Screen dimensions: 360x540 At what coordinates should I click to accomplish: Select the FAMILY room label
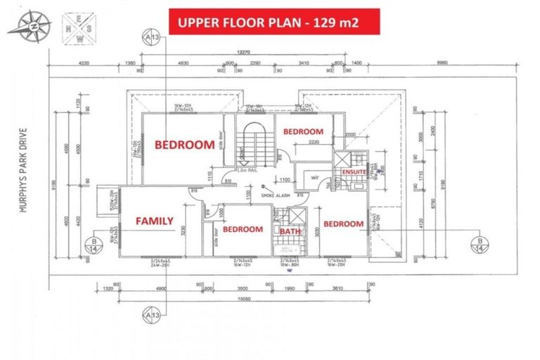(153, 221)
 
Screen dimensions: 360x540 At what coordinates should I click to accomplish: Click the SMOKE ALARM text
(276, 195)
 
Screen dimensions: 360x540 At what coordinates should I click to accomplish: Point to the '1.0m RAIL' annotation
(247, 169)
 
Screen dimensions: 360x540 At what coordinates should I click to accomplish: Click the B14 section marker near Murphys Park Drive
(94, 243)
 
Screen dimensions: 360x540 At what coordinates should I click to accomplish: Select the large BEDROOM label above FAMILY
(184, 146)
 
